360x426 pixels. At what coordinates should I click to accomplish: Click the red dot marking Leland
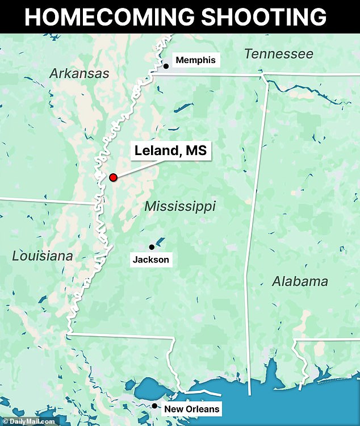click(x=113, y=177)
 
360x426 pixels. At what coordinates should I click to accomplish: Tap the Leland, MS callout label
click(x=170, y=152)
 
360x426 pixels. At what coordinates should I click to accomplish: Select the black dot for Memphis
click(x=166, y=66)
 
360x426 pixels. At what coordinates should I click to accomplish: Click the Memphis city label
click(x=195, y=60)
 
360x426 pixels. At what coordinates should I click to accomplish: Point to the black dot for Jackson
click(x=152, y=247)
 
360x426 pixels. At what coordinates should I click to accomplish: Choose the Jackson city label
click(x=150, y=260)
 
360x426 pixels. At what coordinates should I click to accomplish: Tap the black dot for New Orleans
click(x=154, y=406)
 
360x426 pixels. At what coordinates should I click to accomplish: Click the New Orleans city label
click(x=191, y=409)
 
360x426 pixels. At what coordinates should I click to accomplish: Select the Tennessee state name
click(x=278, y=54)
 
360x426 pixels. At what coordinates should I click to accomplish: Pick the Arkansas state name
click(x=79, y=73)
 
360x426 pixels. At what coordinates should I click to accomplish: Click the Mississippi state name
click(x=180, y=206)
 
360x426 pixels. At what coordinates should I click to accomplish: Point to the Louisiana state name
click(x=43, y=256)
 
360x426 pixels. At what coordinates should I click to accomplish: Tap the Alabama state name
click(x=300, y=281)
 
